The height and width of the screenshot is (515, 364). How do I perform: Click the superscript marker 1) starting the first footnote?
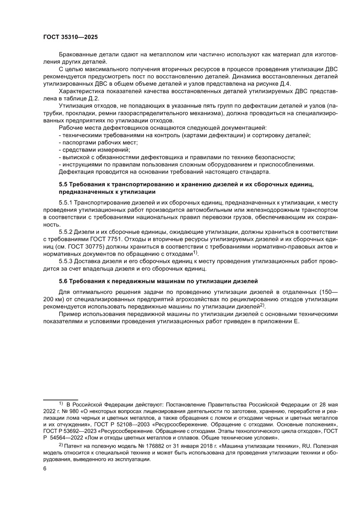(61, 403)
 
